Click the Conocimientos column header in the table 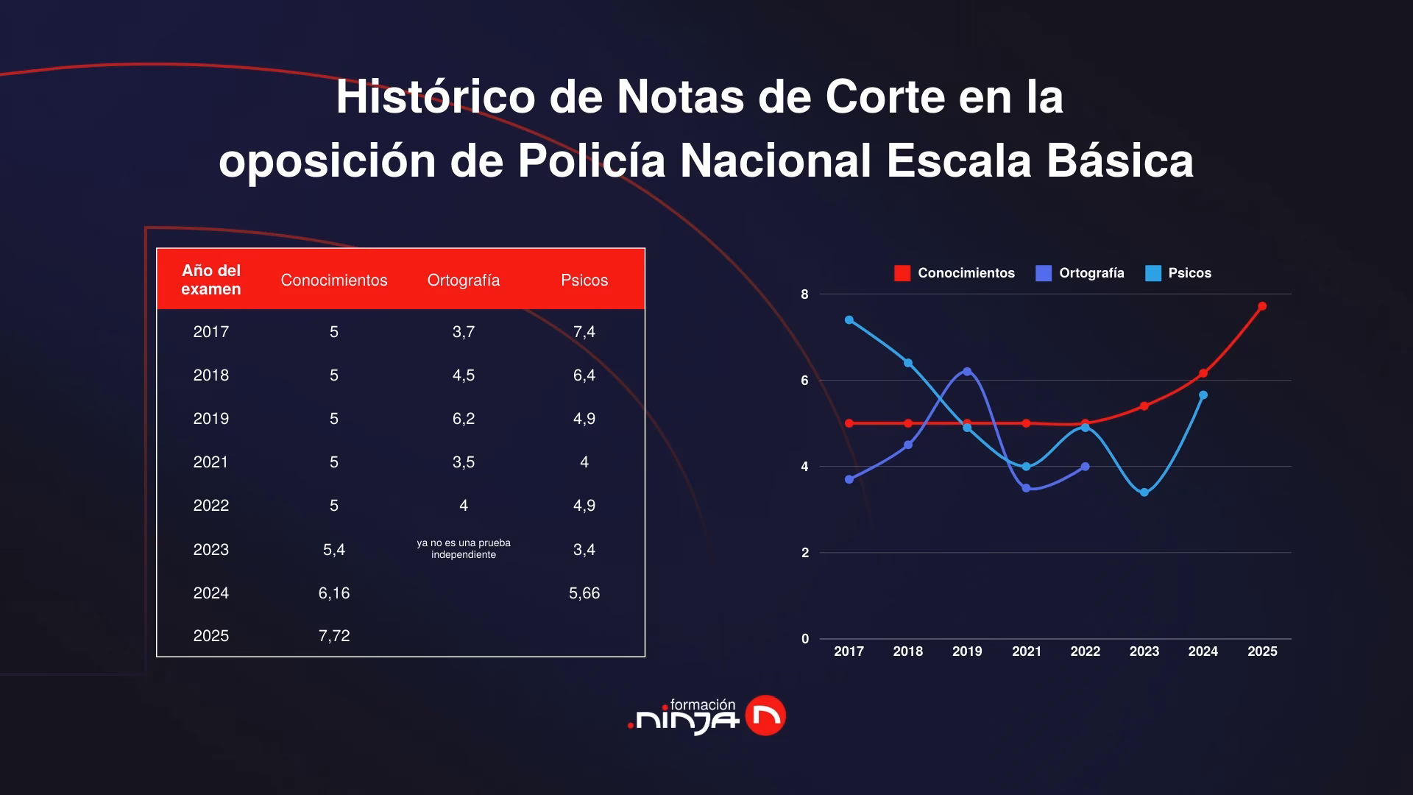click(333, 280)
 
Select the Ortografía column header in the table click(463, 280)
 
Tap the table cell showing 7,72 click(333, 636)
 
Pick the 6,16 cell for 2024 click(333, 593)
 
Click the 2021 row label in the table click(210, 462)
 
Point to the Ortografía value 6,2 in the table click(463, 419)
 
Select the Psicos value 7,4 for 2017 click(584, 332)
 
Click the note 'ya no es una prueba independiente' click(463, 549)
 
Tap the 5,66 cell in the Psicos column click(584, 593)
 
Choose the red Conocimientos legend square click(902, 274)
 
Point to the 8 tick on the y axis click(804, 294)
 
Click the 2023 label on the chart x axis click(1144, 651)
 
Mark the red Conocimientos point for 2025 click(1262, 306)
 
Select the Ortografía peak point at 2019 click(967, 372)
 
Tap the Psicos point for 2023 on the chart click(1144, 492)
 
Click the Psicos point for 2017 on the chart click(849, 320)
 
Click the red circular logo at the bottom click(765, 715)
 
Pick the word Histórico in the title click(435, 97)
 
